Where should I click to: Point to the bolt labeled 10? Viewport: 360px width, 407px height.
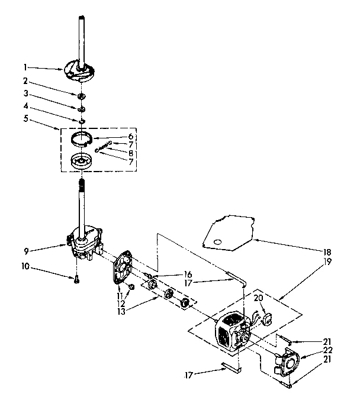coord(77,279)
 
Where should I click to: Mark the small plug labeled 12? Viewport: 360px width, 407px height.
coord(132,287)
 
